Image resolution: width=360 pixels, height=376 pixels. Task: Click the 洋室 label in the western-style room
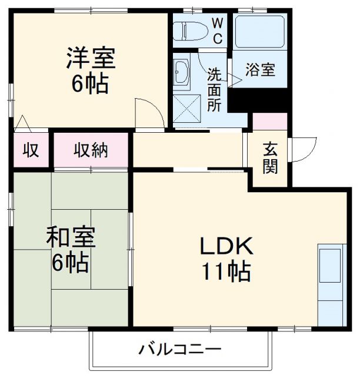tap(91, 58)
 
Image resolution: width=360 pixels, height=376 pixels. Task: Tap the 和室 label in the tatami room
tap(71, 236)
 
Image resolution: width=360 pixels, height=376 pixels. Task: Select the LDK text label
tap(225, 245)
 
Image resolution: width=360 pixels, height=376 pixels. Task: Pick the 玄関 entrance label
tap(270, 157)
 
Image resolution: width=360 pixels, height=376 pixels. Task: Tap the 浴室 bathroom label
tap(260, 70)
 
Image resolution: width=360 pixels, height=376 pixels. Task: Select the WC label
tap(217, 31)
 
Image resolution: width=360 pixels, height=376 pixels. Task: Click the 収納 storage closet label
tap(91, 150)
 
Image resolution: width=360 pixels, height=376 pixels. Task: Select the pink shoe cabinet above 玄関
tap(270, 122)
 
